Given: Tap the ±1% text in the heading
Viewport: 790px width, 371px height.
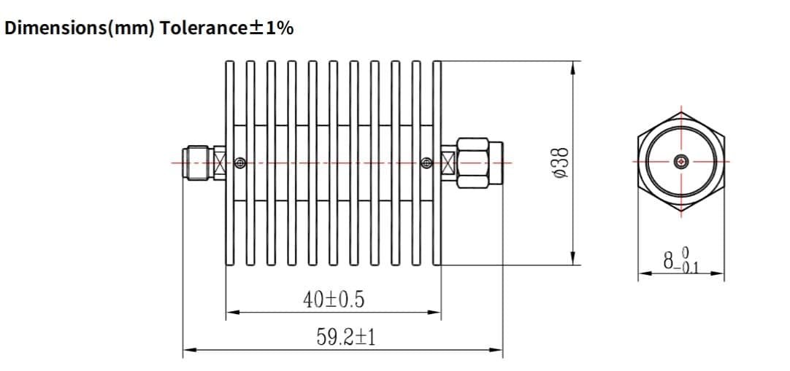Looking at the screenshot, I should (x=272, y=28).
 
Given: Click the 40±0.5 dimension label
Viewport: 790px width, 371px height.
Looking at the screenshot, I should (x=333, y=299).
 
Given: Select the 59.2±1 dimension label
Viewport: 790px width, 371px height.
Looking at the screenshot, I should (x=345, y=337).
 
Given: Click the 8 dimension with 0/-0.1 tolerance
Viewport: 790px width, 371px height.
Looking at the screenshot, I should (x=680, y=260).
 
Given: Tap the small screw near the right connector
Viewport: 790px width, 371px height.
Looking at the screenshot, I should (x=427, y=161).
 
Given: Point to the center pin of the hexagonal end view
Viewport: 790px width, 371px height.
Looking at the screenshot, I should (x=682, y=161).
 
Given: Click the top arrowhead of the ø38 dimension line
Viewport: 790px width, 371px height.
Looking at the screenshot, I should (x=573, y=66).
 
